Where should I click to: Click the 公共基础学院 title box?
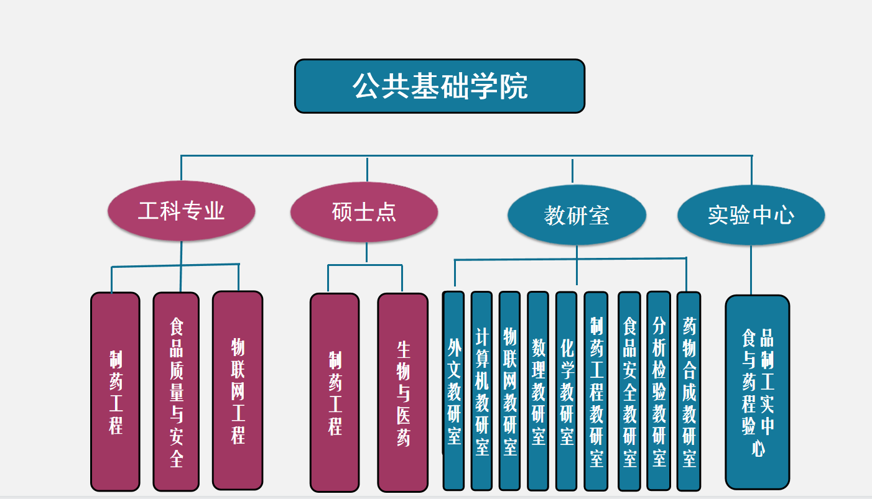(440, 86)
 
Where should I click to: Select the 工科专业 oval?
(181, 211)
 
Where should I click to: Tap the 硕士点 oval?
(364, 212)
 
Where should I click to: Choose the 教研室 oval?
(577, 215)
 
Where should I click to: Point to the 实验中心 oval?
(751, 215)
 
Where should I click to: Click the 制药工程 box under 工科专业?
(115, 391)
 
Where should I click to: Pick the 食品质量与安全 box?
(176, 391)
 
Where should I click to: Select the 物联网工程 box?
(238, 390)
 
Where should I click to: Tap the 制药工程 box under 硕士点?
(335, 393)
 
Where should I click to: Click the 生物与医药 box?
(403, 393)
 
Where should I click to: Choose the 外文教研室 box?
(453, 390)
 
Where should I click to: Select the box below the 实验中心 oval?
(758, 391)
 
